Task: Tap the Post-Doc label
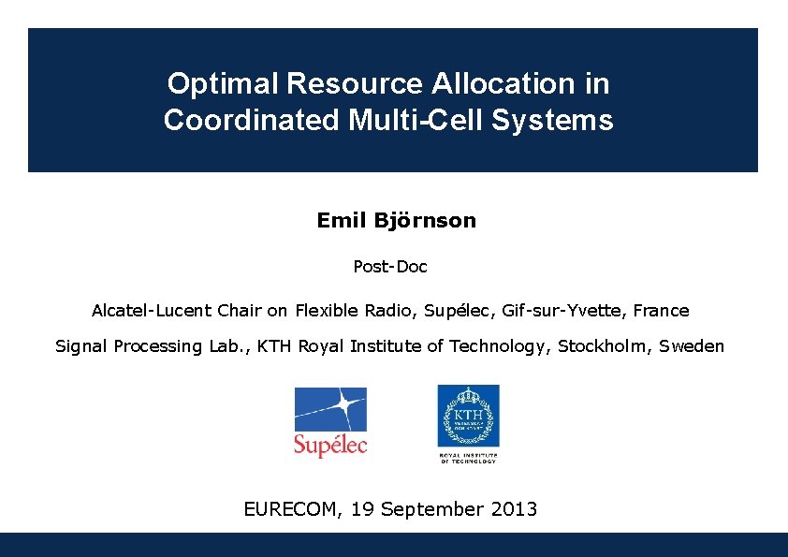pos(390,267)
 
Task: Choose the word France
pos(661,310)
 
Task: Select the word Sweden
pos(692,346)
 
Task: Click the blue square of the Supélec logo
pos(330,409)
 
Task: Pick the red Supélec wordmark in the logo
pos(330,445)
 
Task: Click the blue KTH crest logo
pos(468,416)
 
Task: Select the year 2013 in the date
pos(513,510)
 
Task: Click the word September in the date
pos(431,510)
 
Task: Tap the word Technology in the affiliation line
pos(498,346)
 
